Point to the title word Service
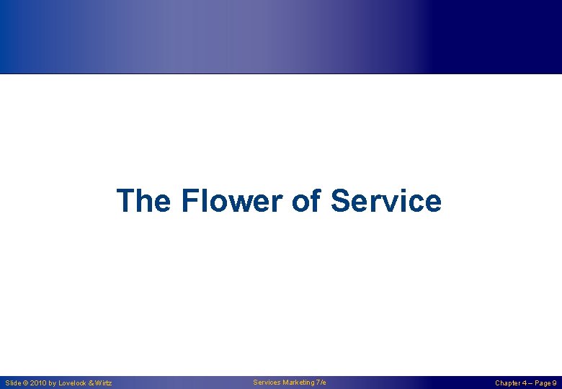coord(386,201)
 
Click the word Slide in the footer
coord(13,383)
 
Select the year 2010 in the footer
coord(38,383)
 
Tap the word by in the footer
coord(53,383)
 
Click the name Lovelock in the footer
coord(73,383)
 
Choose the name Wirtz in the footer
coord(103,383)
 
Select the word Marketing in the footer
coord(298,382)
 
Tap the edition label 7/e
coord(321,382)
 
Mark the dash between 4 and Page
coord(532,383)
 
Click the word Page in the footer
coord(543,383)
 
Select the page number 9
coord(554,383)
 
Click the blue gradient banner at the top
coord(281,36)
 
